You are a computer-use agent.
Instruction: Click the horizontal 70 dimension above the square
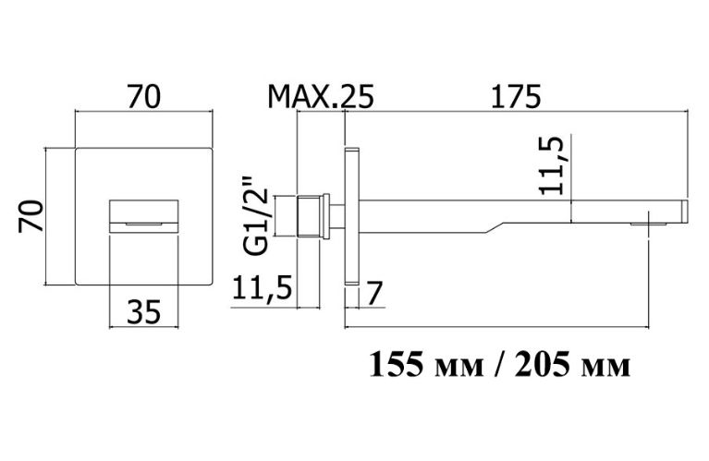coord(144,96)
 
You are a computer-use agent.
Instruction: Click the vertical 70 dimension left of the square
coord(31,216)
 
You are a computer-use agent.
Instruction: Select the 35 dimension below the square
coord(144,312)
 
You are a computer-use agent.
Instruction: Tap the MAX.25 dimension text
coord(321,96)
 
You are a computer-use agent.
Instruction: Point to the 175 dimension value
coord(516,96)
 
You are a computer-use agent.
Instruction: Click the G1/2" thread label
coord(256,216)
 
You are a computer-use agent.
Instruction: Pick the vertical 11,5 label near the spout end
coord(553,165)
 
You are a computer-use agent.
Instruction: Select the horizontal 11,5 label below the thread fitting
coord(262,287)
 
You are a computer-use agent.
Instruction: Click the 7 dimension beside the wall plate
coord(375,293)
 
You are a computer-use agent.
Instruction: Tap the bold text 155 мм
coord(426,364)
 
